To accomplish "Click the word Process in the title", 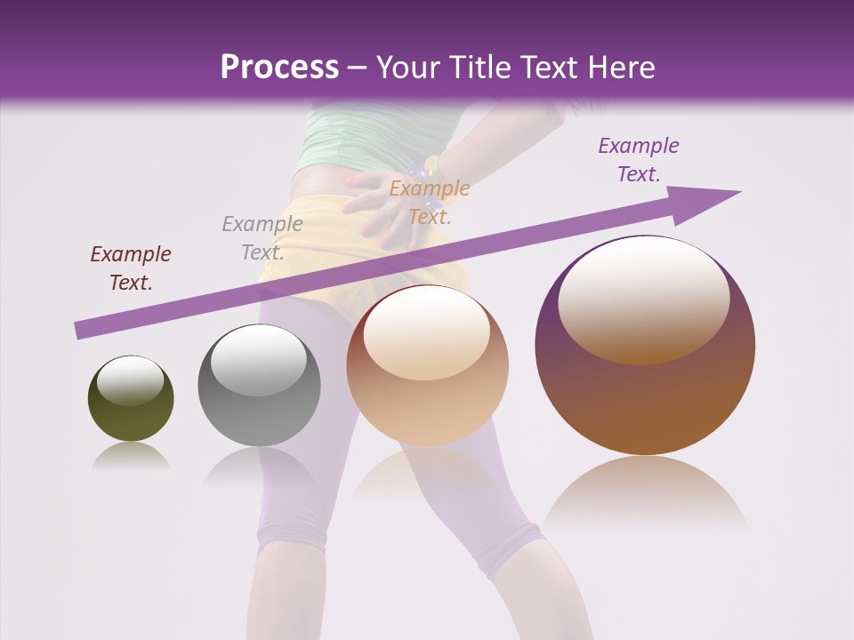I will click(279, 68).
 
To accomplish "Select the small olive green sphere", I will click(131, 398).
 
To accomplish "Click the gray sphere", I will click(258, 386).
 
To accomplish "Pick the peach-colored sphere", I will click(427, 366).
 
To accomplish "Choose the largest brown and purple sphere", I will click(645, 345).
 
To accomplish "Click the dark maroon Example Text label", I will click(131, 268).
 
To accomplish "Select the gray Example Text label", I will click(262, 238).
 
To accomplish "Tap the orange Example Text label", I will click(430, 203).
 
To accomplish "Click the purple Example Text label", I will click(639, 160).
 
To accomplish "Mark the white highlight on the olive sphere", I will click(130, 380).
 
